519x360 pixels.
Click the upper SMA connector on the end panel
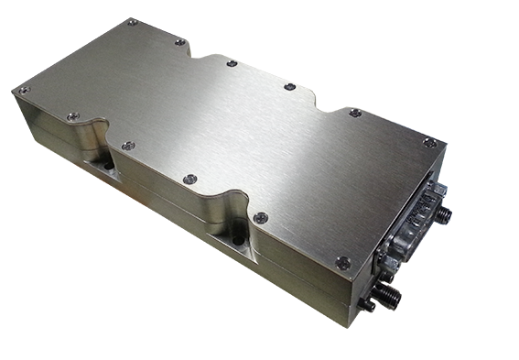pos(443,213)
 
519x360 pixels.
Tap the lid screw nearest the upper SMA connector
pos(428,142)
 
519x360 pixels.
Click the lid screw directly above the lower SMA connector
pos(343,263)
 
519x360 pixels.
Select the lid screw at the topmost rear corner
pos(132,22)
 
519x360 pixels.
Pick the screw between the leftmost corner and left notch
pos(73,116)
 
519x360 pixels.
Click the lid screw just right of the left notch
pos(128,146)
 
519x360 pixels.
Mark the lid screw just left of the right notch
pos(189,180)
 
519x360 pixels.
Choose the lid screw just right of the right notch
pos(261,218)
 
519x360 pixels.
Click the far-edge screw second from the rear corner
pos(179,42)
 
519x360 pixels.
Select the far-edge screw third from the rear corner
pos(232,63)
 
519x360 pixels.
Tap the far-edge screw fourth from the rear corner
pos(289,87)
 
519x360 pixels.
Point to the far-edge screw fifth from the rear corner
pos(355,113)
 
